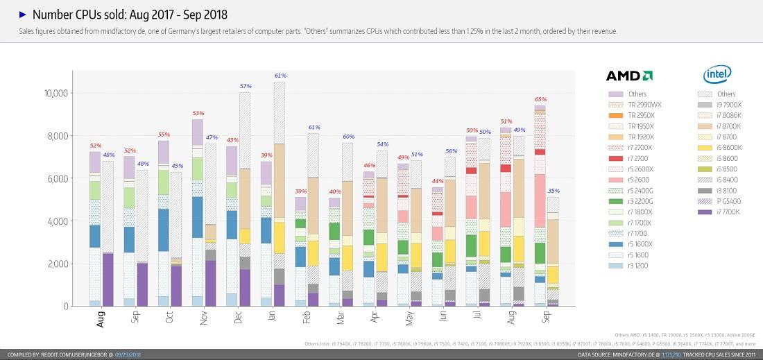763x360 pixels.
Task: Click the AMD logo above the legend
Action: coord(628,76)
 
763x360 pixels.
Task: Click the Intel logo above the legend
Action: coord(714,76)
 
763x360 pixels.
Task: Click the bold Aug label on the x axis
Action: coord(101,319)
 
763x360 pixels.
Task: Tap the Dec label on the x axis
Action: coord(238,318)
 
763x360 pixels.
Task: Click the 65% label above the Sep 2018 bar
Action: coord(540,99)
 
